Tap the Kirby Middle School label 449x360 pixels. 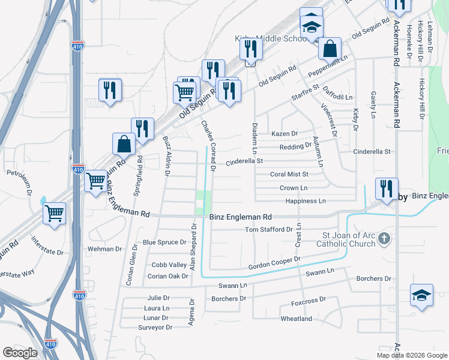270,39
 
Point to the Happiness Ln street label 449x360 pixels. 305,201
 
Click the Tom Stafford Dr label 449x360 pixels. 269,230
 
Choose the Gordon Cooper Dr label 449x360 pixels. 274,263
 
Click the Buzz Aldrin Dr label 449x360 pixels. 166,155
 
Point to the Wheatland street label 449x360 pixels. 296,319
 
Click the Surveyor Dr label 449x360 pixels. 155,328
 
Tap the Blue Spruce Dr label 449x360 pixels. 164,242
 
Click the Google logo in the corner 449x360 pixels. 20,353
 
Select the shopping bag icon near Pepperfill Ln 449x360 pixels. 330,48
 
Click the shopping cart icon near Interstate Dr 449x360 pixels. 54,213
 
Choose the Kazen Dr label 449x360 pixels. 285,133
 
